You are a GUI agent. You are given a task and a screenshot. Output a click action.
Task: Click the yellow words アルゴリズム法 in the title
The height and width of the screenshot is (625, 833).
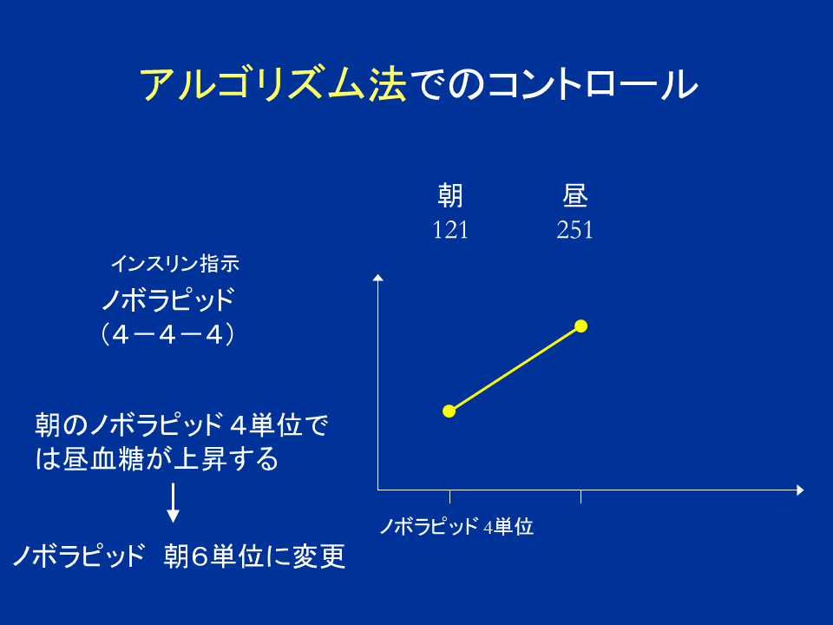[x=272, y=85]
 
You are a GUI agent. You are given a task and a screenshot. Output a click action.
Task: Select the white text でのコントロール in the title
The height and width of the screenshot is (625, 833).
[x=553, y=85]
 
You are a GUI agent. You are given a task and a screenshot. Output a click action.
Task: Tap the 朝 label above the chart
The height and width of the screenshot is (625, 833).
[x=449, y=197]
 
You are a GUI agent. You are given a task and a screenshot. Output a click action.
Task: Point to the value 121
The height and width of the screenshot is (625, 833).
[x=450, y=231]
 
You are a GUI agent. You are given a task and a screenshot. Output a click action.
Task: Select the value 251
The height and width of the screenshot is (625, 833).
[x=574, y=231]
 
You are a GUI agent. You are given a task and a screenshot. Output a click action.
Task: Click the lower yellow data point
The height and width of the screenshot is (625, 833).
[x=449, y=411]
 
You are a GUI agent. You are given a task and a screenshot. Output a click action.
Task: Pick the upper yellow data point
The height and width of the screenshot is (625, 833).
[x=581, y=326]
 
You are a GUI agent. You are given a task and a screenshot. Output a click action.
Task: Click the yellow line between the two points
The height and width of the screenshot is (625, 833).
[x=515, y=368]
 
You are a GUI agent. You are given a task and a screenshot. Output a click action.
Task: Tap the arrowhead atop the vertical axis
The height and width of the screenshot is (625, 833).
[x=377, y=278]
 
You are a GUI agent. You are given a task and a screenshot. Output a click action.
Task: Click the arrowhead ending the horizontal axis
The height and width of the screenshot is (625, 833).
[x=800, y=490]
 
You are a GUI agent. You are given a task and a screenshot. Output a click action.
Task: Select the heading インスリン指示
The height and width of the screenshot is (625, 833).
[x=180, y=263]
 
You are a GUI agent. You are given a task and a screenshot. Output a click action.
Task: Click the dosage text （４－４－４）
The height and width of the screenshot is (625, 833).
[x=167, y=334]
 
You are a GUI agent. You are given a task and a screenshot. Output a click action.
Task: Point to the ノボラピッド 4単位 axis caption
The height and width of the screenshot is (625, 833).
[x=456, y=526]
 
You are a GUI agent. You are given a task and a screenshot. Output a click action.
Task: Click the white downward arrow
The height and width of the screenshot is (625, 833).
[x=173, y=503]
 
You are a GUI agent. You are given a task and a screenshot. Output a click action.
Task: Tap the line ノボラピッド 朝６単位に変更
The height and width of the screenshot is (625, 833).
[x=179, y=556]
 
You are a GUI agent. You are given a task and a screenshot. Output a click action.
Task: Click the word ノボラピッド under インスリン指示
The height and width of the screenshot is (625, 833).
[x=167, y=300]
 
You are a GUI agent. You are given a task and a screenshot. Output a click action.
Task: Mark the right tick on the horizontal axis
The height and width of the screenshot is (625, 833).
[x=580, y=497]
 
